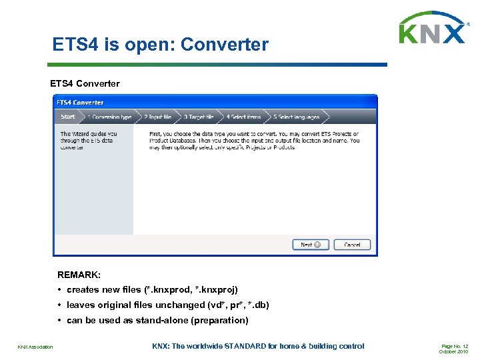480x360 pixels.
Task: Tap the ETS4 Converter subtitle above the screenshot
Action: [85, 83]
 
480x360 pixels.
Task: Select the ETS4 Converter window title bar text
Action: [80, 103]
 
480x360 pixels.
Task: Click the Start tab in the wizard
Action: [68, 117]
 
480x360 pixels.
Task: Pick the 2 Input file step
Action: [157, 117]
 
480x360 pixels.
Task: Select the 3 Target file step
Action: [199, 117]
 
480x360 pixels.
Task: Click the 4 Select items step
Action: [243, 117]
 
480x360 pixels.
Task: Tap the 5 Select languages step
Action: [296, 117]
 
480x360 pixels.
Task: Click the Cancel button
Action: [352, 245]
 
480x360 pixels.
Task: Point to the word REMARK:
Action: [79, 274]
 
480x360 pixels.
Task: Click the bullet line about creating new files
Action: [152, 289]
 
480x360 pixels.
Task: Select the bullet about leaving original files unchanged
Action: [167, 305]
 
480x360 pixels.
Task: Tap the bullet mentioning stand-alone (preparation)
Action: [157, 320]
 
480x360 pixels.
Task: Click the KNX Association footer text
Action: [36, 347]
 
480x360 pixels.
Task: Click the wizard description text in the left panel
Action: [89, 140]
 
